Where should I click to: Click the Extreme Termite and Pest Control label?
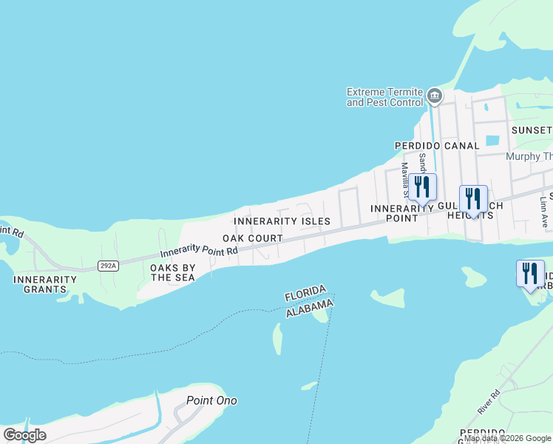384,97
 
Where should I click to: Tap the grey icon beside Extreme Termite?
435,95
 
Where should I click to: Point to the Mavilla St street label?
405,178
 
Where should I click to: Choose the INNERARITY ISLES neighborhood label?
282,221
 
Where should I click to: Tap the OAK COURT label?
253,238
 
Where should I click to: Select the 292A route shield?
109,264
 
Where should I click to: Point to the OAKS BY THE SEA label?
173,272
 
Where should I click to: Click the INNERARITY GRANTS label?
44,284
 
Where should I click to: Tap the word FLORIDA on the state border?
306,292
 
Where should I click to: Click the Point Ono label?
211,400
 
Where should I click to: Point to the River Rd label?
488,402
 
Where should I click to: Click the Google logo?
25,435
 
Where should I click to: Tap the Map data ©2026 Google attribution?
507,438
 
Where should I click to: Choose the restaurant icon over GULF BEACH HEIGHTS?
473,199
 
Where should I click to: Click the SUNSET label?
532,130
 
